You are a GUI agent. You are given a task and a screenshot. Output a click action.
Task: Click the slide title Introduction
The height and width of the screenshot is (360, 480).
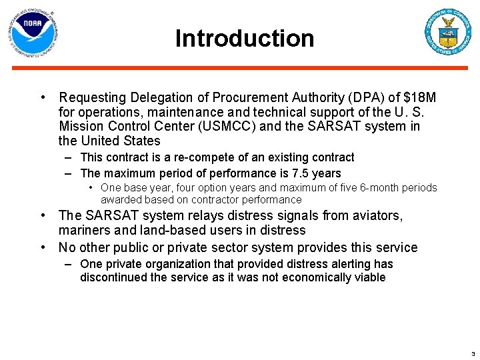244,39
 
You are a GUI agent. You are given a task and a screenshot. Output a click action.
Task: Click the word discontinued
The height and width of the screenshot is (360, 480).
115,277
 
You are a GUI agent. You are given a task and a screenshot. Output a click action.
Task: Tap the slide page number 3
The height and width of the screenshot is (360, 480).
473,353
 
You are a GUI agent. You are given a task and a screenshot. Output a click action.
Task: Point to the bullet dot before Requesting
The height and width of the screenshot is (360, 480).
43,98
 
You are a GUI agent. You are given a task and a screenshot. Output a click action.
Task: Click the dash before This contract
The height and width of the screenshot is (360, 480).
69,158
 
